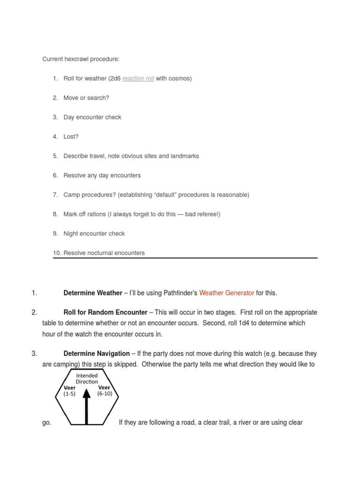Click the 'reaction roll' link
(138, 78)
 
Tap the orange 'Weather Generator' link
(226, 293)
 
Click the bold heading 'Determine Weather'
(93, 293)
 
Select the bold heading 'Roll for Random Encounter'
(105, 312)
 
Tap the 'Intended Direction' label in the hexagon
(87, 379)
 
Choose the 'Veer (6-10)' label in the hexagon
(104, 390)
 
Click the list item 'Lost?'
(71, 136)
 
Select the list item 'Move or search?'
(86, 97)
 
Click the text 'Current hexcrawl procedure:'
(81, 59)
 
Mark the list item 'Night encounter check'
(94, 233)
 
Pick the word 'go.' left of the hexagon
(46, 422)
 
